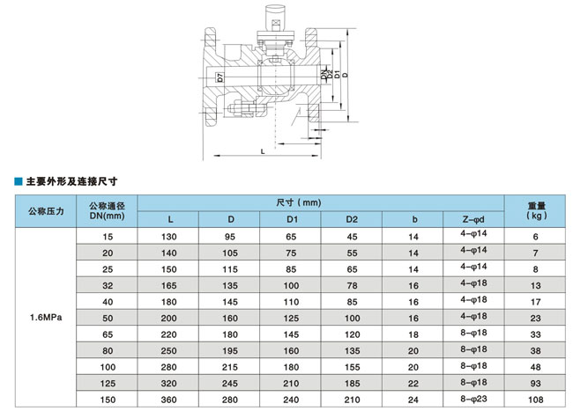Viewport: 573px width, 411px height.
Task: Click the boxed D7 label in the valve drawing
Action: point(220,77)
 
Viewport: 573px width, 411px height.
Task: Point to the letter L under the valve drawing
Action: point(263,151)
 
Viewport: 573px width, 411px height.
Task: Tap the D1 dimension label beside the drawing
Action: point(337,74)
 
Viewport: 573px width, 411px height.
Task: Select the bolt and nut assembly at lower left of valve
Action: point(244,109)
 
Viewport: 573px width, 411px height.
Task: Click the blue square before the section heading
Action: point(19,181)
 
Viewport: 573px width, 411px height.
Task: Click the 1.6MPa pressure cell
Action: point(46,318)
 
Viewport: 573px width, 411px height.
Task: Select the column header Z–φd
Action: point(473,219)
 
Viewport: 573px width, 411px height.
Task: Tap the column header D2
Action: point(352,219)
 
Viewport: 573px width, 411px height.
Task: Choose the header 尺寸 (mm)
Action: point(299,202)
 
